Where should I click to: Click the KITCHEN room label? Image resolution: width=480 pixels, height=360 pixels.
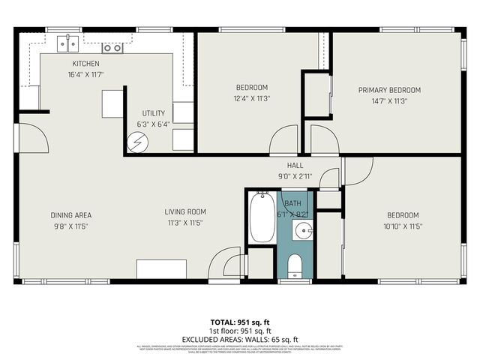85,64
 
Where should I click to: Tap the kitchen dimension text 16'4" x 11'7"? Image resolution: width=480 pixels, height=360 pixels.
85,75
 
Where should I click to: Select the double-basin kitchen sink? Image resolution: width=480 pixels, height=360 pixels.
70,44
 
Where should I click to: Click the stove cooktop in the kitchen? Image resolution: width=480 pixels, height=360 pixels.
112,47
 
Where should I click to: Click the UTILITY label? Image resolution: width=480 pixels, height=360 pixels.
153,112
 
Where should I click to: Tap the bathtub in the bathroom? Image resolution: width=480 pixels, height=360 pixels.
262,217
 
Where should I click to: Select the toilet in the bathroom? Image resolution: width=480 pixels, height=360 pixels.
294,265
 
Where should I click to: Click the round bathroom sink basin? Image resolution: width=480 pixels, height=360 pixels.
304,230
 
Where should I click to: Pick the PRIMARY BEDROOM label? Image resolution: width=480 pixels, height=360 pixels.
389,90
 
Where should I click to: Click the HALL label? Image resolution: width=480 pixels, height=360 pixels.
295,166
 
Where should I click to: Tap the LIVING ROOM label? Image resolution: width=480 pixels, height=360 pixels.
185,211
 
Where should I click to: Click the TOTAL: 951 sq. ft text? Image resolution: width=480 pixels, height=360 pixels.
239,320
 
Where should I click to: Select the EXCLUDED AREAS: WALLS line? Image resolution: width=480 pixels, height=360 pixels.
239,339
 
